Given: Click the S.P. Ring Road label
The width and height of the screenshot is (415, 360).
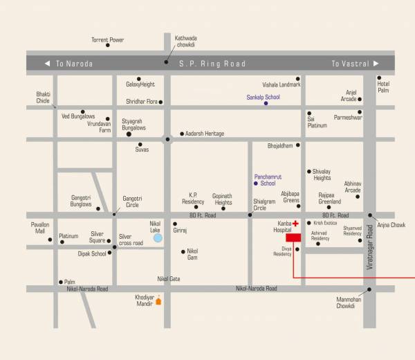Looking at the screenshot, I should pyautogui.click(x=212, y=64).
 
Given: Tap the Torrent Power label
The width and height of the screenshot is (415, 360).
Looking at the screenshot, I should pyautogui.click(x=107, y=40).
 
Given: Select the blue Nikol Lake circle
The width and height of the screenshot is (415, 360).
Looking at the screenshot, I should pyautogui.click(x=158, y=237).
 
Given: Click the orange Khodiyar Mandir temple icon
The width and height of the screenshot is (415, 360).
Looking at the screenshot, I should pyautogui.click(x=158, y=300).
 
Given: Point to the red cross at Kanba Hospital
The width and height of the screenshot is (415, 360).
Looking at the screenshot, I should pyautogui.click(x=295, y=224).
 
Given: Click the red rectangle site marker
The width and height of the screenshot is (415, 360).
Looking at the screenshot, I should pyautogui.click(x=293, y=237).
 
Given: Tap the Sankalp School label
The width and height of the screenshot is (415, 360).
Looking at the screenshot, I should pyautogui.click(x=263, y=97).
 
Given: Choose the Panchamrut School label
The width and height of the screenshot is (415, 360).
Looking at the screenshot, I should pyautogui.click(x=265, y=179).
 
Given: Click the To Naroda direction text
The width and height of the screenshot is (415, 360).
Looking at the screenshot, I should pyautogui.click(x=74, y=64).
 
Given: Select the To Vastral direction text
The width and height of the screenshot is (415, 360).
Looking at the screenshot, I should pyautogui.click(x=350, y=64).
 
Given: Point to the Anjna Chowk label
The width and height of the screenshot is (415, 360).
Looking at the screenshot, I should pyautogui.click(x=391, y=225).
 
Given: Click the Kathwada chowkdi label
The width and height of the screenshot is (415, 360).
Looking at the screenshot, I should pyautogui.click(x=186, y=42).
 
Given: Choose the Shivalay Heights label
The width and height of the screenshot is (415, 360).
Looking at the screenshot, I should pyautogui.click(x=322, y=174).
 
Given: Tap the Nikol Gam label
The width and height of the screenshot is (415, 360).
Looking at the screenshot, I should pyautogui.click(x=192, y=254).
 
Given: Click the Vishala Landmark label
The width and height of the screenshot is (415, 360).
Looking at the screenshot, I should pyautogui.click(x=282, y=84).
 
